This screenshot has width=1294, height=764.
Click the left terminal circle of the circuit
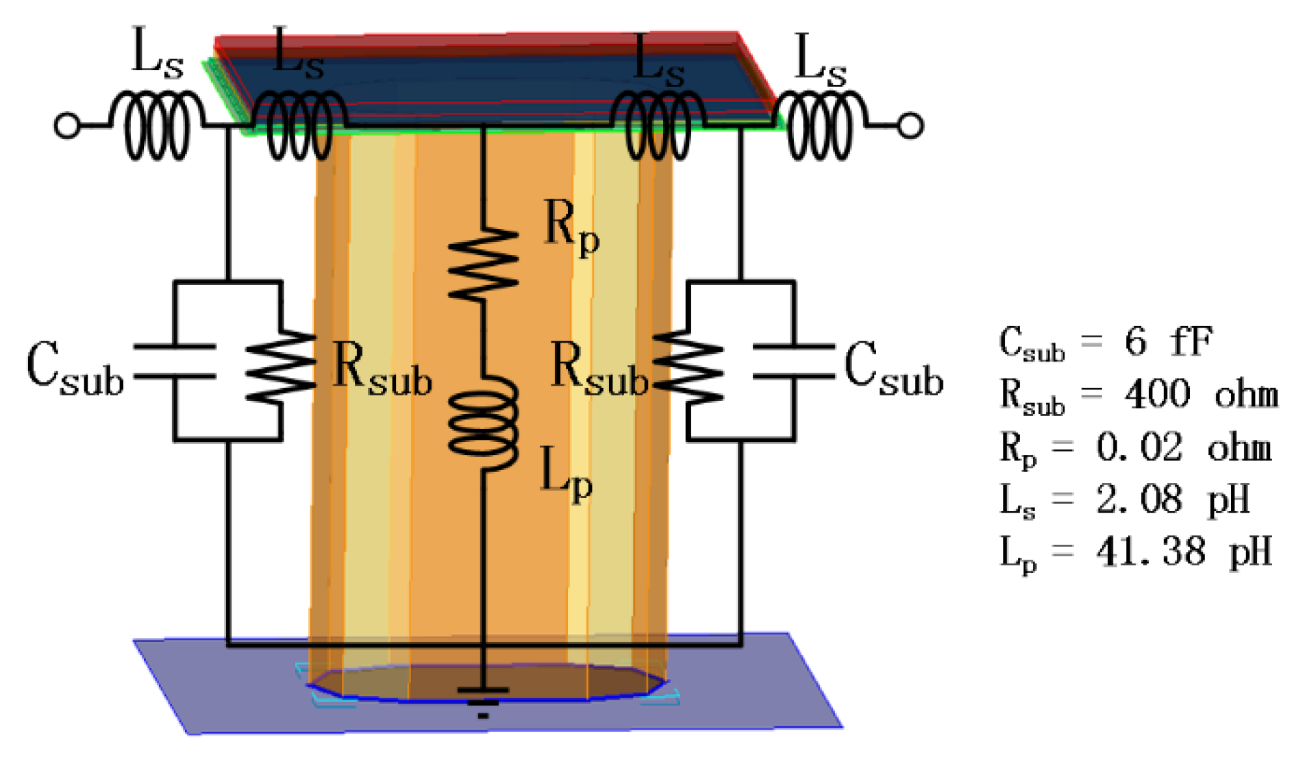click(x=66, y=126)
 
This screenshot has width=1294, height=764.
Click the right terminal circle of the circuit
click(x=910, y=126)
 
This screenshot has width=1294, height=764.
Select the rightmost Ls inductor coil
click(x=821, y=125)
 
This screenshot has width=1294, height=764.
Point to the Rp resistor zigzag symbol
click(x=483, y=264)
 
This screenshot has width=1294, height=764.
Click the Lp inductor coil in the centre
click(x=483, y=423)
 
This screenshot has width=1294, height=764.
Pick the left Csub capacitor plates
click(x=175, y=361)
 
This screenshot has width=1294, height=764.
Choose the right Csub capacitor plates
click(x=793, y=361)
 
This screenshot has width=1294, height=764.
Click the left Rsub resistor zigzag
click(x=281, y=367)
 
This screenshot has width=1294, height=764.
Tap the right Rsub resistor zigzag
click(x=688, y=367)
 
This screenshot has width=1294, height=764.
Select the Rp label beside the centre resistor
click(x=571, y=228)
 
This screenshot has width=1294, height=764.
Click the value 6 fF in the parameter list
click(x=1168, y=341)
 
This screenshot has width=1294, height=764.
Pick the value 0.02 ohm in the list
click(x=1184, y=447)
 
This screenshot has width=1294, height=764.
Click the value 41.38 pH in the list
click(x=1184, y=552)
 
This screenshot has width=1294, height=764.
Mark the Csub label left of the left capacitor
click(x=75, y=368)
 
